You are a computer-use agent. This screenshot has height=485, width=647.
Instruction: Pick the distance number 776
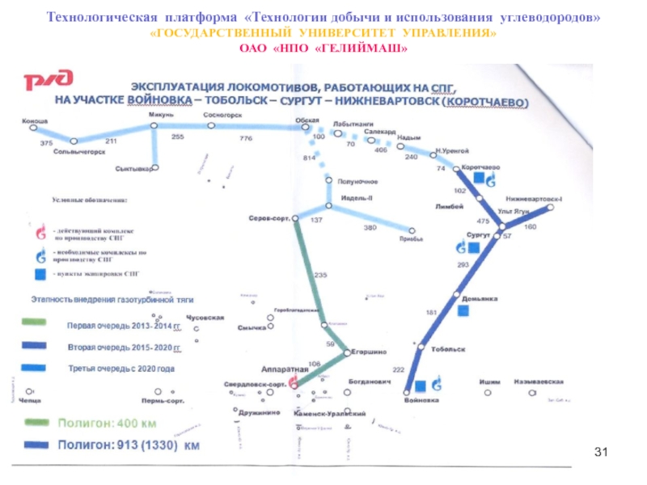point(246,139)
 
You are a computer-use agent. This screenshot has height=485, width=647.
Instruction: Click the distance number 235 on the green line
point(319,276)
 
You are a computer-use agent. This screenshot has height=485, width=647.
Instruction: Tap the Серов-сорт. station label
point(269,219)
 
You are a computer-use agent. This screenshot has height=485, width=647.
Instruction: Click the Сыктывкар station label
point(134,169)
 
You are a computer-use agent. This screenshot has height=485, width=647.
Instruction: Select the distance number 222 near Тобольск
point(398,369)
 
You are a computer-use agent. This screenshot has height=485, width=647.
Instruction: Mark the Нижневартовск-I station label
point(534,199)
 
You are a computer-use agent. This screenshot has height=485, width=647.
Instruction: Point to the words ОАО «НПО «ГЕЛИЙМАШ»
point(323,50)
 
